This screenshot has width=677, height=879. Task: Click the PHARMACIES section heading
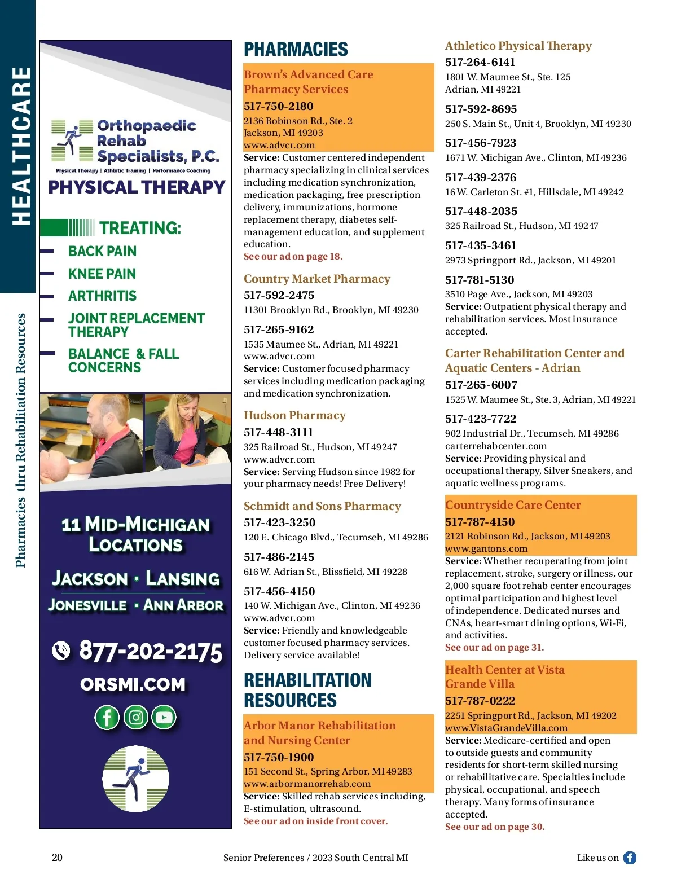[x=296, y=50]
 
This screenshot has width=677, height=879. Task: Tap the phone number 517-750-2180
[x=278, y=106]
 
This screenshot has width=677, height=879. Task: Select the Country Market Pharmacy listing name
[x=316, y=279]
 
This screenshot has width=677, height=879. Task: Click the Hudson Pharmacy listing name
[x=294, y=415]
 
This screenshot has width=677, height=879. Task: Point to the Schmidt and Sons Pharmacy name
[x=322, y=506]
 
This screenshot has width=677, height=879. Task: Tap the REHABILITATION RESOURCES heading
[x=307, y=690]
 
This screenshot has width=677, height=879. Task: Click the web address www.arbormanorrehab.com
[x=307, y=784]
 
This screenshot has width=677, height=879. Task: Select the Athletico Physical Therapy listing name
[x=518, y=46]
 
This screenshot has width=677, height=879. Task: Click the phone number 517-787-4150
[x=480, y=522]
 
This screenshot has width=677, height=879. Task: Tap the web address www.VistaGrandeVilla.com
[x=506, y=728]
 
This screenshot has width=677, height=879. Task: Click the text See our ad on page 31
[x=494, y=647]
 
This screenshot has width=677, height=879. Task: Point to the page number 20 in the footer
[x=57, y=858]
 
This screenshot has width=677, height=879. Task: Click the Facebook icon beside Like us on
[x=630, y=858]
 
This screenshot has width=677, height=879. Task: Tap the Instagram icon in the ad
[x=135, y=717]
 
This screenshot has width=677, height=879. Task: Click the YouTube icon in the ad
[x=164, y=717]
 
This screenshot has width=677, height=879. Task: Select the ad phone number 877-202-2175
[x=151, y=651]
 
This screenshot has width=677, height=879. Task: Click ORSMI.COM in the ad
[x=133, y=684]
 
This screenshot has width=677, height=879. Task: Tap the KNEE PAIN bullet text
[x=102, y=274]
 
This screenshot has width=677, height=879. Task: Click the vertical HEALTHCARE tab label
[x=21, y=146]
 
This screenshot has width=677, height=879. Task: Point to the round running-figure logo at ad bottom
[x=135, y=779]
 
